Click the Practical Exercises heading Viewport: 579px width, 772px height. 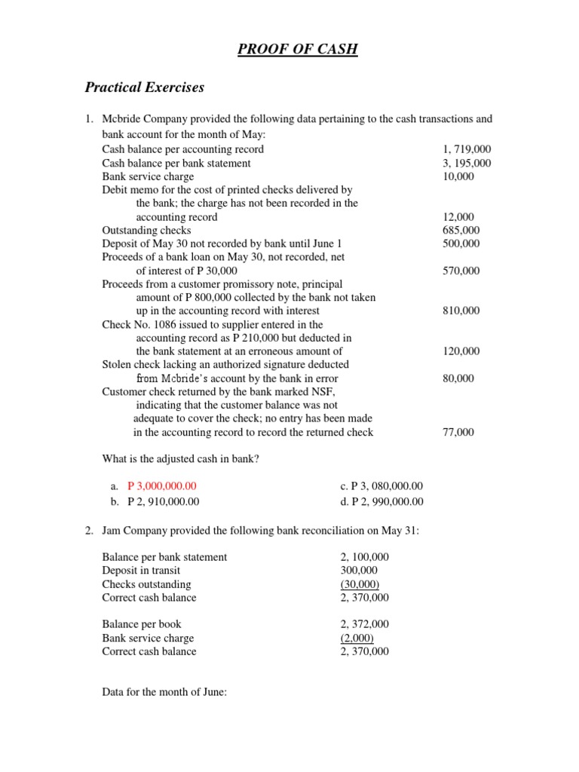[144, 87]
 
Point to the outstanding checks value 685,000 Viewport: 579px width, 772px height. [461, 230]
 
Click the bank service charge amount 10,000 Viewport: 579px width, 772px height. [458, 176]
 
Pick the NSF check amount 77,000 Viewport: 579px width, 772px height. [458, 432]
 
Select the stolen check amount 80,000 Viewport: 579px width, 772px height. [458, 378]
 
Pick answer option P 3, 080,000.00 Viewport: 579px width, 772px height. [381, 486]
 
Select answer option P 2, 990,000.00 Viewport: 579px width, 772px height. [381, 501]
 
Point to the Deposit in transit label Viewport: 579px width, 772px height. [141, 571]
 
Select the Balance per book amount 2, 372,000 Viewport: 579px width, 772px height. [364, 624]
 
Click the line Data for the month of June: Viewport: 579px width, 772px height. [164, 691]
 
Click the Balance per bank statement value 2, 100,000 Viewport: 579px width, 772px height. [364, 557]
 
